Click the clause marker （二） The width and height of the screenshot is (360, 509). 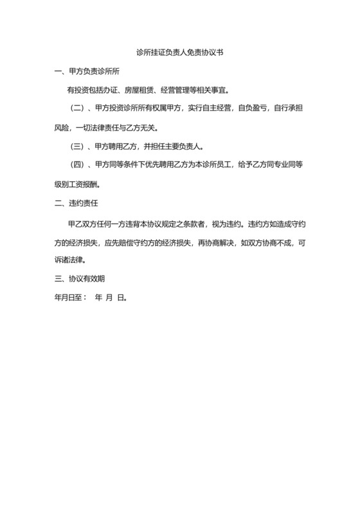pyautogui.click(x=78, y=107)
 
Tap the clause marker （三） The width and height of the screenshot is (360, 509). pyautogui.click(x=78, y=146)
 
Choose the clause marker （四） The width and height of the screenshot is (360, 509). pyautogui.click(x=78, y=165)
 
